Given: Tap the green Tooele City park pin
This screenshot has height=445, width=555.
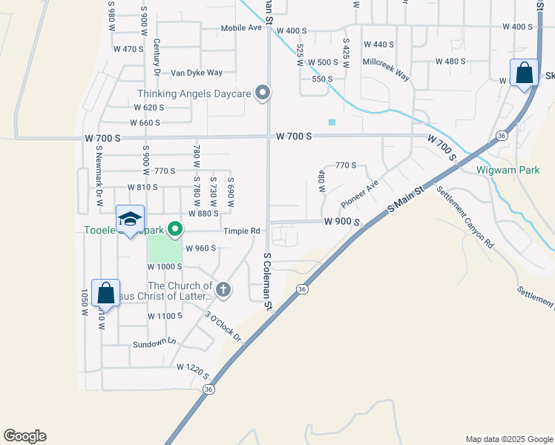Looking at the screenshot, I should [x=175, y=229].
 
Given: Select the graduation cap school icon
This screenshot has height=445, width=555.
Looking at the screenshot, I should [x=130, y=220].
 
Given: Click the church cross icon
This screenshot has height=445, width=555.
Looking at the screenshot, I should [x=222, y=288].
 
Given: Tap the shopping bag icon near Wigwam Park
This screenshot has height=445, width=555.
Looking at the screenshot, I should [x=524, y=73].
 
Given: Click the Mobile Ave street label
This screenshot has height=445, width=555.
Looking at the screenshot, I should [x=241, y=28].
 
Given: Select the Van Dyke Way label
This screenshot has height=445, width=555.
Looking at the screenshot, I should [x=197, y=73].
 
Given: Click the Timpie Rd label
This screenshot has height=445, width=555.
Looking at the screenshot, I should [x=243, y=231].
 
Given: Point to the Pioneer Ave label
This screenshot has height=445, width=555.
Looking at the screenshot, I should [x=359, y=193].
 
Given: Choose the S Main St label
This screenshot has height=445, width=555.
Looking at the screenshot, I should [x=407, y=201].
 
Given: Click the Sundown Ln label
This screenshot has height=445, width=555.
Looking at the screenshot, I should [x=154, y=343].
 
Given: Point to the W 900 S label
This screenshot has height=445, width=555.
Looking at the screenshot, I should [x=341, y=221].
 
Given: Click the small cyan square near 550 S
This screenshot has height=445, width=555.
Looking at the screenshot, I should [x=332, y=122].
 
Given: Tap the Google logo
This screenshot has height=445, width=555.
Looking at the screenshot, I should [x=24, y=436].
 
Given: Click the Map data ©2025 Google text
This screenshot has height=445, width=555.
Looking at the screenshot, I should [x=508, y=439].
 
